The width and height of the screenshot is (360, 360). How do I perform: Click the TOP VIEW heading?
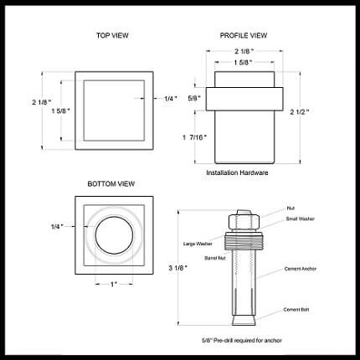112,36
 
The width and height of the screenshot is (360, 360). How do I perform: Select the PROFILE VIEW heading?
244,36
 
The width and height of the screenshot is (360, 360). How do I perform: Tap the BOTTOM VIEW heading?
111,184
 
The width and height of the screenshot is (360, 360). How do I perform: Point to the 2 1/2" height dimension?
300,112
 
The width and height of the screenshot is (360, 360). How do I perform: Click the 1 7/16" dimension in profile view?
195,137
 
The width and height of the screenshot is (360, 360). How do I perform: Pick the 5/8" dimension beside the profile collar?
194,98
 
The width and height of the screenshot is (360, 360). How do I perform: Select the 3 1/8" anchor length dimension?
177,268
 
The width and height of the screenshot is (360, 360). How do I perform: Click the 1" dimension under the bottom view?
114,285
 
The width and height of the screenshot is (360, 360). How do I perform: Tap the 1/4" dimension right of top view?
171,99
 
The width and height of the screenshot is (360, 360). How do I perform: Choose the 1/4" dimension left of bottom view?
57,227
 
